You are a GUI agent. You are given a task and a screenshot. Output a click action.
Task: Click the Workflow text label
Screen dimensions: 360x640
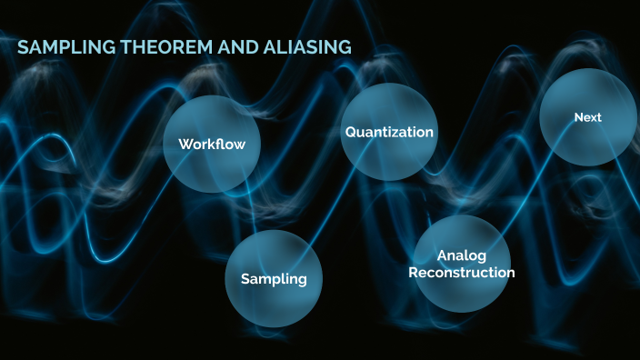pyautogui.click(x=212, y=145)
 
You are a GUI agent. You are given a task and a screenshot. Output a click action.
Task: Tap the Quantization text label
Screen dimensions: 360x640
pyautogui.click(x=389, y=133)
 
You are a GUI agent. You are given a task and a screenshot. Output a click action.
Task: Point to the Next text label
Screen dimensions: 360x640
pyautogui.click(x=587, y=117)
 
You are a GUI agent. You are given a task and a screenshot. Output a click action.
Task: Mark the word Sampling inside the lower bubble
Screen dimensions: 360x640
pyautogui.click(x=274, y=279)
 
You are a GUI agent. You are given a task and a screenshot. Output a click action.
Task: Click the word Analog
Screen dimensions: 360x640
pyautogui.click(x=462, y=256)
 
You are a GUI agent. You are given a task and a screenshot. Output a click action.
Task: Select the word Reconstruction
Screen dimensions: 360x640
pyautogui.click(x=462, y=273)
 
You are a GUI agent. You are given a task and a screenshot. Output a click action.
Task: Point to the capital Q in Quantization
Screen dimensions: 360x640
pyautogui.click(x=350, y=133)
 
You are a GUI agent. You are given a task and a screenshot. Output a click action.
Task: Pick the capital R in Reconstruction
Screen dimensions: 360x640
pyautogui.click(x=414, y=273)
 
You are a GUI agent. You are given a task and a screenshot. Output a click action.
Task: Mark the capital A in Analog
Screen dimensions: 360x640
pyautogui.click(x=442, y=256)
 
